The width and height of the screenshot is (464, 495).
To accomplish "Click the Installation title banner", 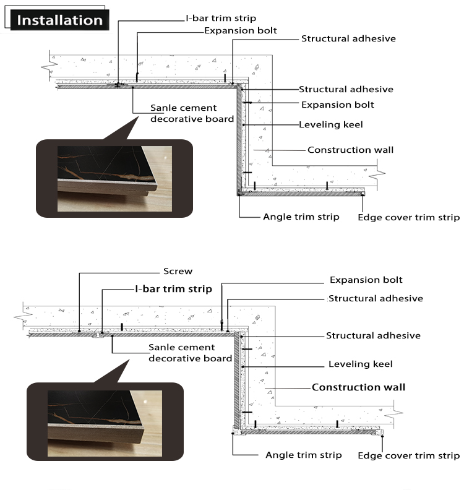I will pyautogui.click(x=59, y=20).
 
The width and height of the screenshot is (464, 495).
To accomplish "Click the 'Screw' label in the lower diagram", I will pyautogui.click(x=178, y=271).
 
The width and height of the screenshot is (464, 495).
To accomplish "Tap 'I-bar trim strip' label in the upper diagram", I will pyautogui.click(x=221, y=18).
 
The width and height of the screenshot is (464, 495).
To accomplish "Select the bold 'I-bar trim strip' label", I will pyautogui.click(x=174, y=289).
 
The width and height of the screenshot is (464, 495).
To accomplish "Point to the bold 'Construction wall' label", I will pyautogui.click(x=359, y=387).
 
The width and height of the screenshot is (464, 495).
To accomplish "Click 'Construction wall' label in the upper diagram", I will pyautogui.click(x=350, y=150).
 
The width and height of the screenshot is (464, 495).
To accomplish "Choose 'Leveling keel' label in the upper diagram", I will pyautogui.click(x=331, y=124).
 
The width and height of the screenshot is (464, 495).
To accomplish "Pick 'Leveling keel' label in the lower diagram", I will pyautogui.click(x=360, y=364).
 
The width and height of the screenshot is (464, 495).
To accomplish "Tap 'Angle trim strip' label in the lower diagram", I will pyautogui.click(x=303, y=455).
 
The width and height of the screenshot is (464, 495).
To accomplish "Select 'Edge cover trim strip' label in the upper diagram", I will pyautogui.click(x=409, y=217).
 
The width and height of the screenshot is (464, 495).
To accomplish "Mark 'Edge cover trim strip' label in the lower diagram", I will pyautogui.click(x=409, y=455).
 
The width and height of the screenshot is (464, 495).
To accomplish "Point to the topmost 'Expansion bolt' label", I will pyautogui.click(x=241, y=30).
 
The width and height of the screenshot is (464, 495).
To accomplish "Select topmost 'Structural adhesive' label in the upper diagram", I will pyautogui.click(x=348, y=38).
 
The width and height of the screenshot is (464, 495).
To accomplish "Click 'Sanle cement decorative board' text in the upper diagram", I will pyautogui.click(x=192, y=114).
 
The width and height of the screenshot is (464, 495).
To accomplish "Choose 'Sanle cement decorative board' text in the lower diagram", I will pyautogui.click(x=191, y=353).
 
